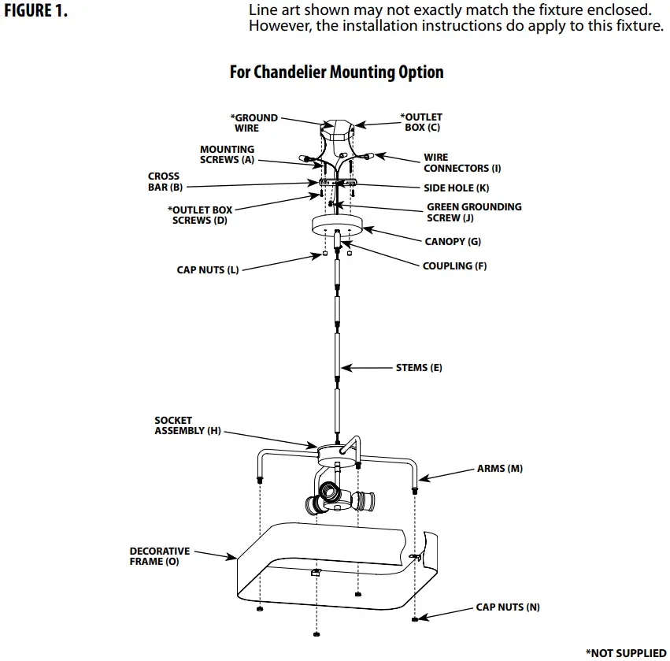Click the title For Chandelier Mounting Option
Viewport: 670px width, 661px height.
(336, 72)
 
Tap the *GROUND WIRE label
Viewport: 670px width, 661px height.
(254, 123)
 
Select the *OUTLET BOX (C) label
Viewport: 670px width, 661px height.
(421, 122)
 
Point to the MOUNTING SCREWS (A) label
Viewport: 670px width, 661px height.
(227, 154)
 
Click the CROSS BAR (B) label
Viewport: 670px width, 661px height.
(165, 182)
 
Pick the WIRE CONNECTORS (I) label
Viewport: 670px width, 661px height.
(462, 163)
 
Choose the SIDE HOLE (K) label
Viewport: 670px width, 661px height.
(456, 188)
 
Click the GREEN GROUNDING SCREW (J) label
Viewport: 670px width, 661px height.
(473, 212)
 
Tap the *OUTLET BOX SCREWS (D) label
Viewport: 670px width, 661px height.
(200, 215)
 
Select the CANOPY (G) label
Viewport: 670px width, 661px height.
(453, 242)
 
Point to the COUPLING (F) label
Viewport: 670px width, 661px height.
(454, 266)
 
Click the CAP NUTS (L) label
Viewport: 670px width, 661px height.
(207, 270)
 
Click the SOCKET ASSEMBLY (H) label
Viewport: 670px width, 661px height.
(187, 425)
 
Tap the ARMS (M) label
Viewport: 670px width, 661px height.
(499, 469)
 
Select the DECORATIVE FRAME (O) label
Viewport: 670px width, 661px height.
(160, 556)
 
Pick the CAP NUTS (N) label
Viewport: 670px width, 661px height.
(508, 607)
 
